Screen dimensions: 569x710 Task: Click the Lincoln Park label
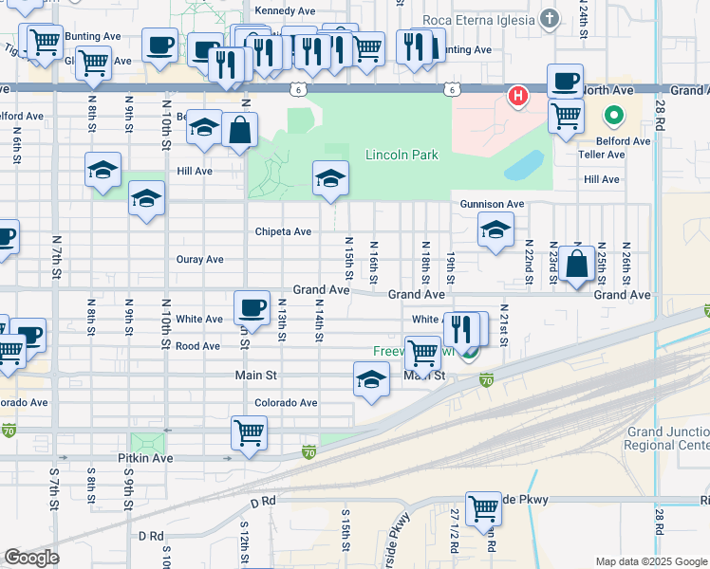point(402,155)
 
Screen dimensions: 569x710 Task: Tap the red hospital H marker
point(518,96)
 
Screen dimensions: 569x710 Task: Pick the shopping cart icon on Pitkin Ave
point(249,432)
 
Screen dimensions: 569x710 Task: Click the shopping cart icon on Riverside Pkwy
point(483,508)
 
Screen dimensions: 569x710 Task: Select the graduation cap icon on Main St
point(371,379)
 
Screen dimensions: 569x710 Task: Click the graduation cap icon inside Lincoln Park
point(330,177)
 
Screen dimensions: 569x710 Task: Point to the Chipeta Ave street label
point(283,231)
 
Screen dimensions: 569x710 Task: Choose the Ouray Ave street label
point(199,259)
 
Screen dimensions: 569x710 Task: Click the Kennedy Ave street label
point(285,10)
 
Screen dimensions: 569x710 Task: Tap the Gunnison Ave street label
point(492,204)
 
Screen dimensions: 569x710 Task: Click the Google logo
point(31,558)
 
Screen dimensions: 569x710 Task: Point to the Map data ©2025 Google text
point(650,561)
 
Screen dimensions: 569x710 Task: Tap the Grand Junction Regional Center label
point(667,438)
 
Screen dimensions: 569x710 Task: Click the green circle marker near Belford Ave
point(613,118)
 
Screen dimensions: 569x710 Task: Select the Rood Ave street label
point(197,346)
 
